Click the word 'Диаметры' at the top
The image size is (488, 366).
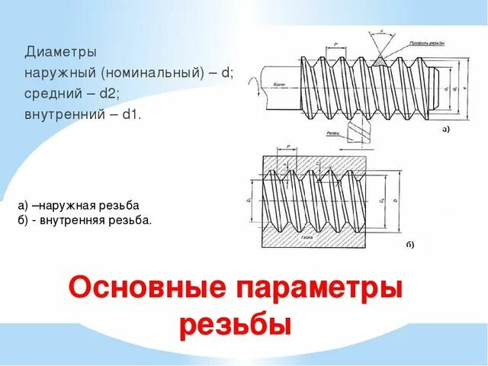coord(60,53)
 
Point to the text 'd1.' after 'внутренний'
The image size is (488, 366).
coord(131,114)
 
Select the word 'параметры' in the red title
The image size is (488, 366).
coord(320,289)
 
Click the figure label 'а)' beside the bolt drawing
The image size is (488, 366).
coord(446,130)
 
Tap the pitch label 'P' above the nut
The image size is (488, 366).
coord(288,146)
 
